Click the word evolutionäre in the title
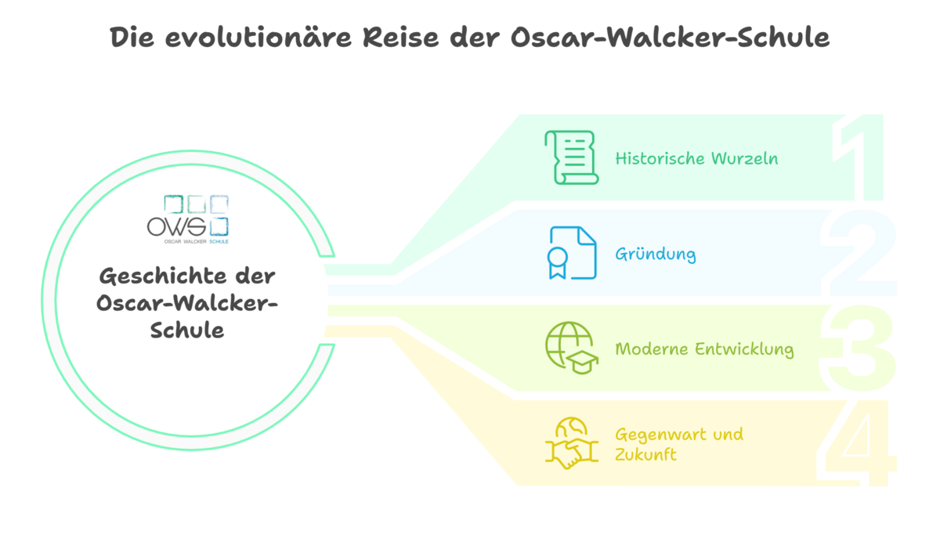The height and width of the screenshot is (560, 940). (x=258, y=38)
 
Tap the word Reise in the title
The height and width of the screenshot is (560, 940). (x=400, y=38)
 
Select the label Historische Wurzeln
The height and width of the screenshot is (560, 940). (x=696, y=158)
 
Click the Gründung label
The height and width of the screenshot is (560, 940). (x=656, y=255)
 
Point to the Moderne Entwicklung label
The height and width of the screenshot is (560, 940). (x=704, y=349)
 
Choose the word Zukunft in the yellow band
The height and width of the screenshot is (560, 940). (x=645, y=455)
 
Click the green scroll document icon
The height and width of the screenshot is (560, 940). (x=572, y=157)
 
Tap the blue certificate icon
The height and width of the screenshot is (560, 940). (x=572, y=252)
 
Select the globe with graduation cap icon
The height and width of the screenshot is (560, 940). (x=572, y=348)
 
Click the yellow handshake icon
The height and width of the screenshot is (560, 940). (x=572, y=443)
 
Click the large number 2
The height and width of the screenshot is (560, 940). (x=859, y=252)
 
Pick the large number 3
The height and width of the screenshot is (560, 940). (x=858, y=348)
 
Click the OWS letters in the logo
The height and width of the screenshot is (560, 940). (x=176, y=227)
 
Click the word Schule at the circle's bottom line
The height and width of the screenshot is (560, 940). (x=187, y=331)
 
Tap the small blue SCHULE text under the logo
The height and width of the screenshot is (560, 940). (x=219, y=241)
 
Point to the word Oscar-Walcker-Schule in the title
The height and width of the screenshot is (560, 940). (x=671, y=38)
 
